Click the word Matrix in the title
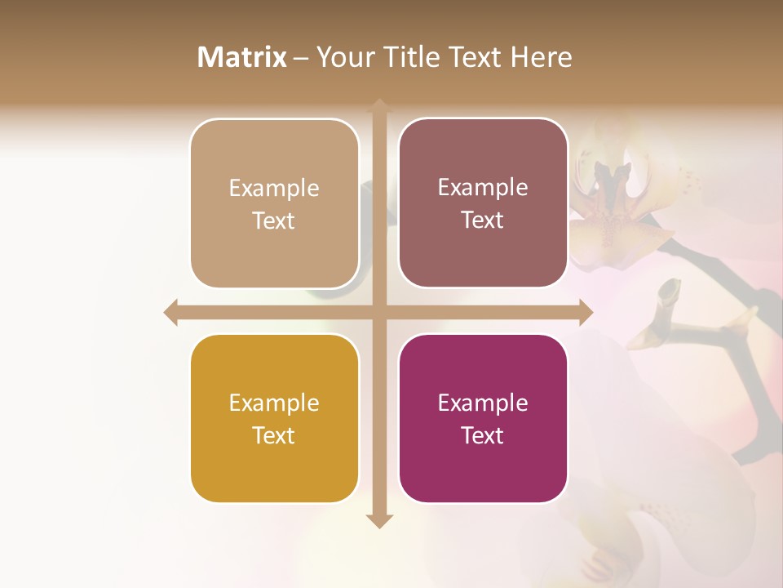point(242,57)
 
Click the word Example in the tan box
point(274,188)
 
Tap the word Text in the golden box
point(274,435)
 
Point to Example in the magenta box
point(483,403)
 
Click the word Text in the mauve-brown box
point(483,220)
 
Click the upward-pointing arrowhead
point(379,105)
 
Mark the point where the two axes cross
point(379,312)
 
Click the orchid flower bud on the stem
point(669,293)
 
